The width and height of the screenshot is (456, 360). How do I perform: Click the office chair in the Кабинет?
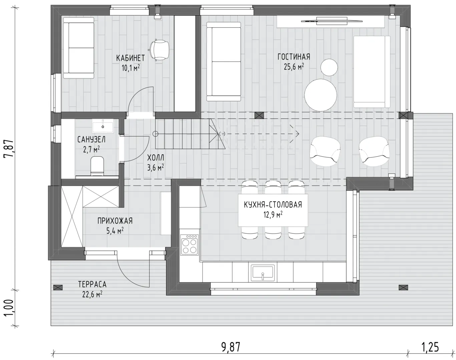159,50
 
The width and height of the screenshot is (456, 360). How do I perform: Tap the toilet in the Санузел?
97,166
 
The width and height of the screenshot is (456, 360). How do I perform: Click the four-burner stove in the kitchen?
189,245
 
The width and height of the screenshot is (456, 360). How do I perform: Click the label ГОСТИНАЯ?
294,57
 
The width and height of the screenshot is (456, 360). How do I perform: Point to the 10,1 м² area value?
130,68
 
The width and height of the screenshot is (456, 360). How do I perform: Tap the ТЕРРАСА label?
92,284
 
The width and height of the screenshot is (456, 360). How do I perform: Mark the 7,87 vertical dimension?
9,148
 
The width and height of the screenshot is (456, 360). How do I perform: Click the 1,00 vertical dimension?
9,308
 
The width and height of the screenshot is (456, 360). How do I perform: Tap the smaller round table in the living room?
329,67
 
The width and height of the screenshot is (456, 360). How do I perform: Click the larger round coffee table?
321,95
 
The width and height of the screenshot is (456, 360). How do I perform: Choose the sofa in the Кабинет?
79,48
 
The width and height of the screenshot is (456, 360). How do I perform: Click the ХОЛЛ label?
155,158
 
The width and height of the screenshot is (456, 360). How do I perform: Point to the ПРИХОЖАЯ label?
115,221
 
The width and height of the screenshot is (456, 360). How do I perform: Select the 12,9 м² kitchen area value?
273,215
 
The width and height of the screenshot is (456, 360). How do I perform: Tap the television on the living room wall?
332,21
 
